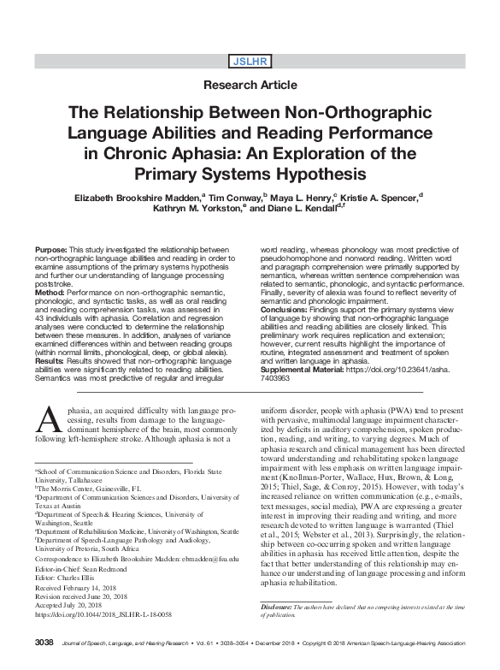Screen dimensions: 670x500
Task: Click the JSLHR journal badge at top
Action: (x=250, y=61)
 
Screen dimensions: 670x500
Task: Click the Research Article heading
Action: (x=250, y=85)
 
